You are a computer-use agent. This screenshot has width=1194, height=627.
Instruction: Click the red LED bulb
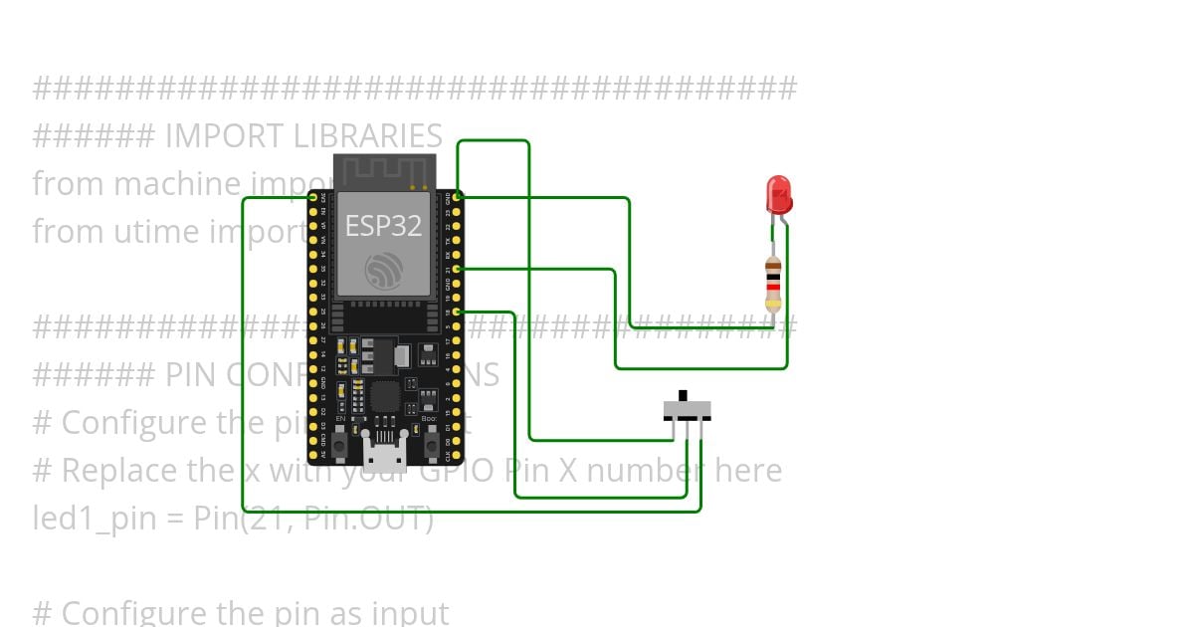[x=778, y=193]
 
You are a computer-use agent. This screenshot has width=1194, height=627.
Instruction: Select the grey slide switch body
[x=687, y=409]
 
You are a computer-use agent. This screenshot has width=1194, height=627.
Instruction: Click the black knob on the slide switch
[x=682, y=395]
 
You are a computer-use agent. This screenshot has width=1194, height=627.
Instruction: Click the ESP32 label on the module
[x=383, y=226]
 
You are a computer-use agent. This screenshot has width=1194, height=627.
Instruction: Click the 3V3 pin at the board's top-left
[x=313, y=198]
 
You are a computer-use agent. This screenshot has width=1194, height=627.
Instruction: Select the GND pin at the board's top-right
[x=457, y=198]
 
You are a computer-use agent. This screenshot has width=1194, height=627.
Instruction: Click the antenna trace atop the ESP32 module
[x=384, y=170]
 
